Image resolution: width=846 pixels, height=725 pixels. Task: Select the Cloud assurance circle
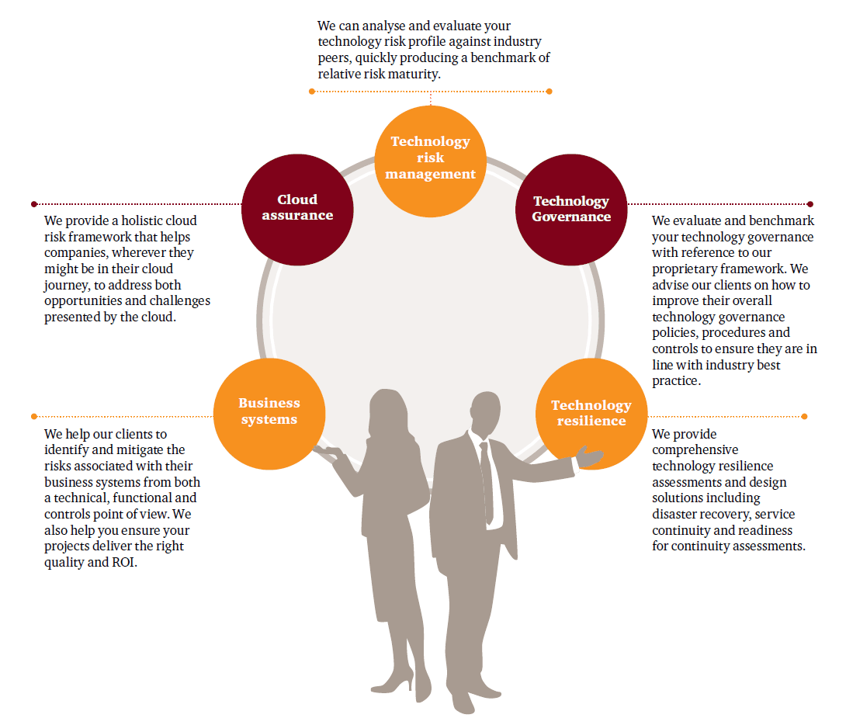(297, 208)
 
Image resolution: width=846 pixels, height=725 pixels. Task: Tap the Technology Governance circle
(571, 208)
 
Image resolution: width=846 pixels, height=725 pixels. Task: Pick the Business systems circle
(269, 412)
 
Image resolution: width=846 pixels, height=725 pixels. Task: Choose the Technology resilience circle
(591, 413)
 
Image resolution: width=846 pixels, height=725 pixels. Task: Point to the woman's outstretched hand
(326, 452)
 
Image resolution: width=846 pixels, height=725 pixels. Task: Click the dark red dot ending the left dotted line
(34, 204)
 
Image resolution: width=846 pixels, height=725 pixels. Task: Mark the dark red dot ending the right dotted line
(810, 204)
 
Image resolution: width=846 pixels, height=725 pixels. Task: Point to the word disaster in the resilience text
(674, 514)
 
